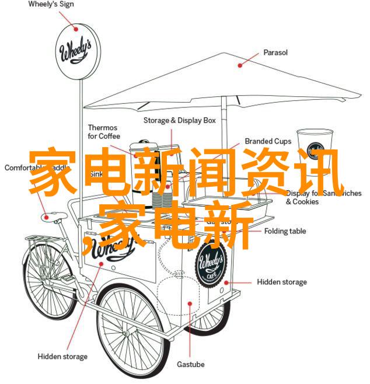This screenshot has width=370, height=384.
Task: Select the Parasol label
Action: pos(275,53)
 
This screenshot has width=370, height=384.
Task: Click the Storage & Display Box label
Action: pos(180,120)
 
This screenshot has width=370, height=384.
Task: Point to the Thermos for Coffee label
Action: pos(103,132)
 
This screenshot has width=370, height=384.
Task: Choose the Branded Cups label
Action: pos(268,141)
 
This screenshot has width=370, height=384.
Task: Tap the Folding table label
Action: pos(285,231)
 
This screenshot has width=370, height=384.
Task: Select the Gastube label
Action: pos(191,364)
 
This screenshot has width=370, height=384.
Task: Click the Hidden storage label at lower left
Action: pos(62,356)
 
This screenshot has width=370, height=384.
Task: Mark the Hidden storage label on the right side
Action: pos(282,282)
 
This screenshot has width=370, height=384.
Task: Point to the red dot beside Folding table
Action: pos(255,231)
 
